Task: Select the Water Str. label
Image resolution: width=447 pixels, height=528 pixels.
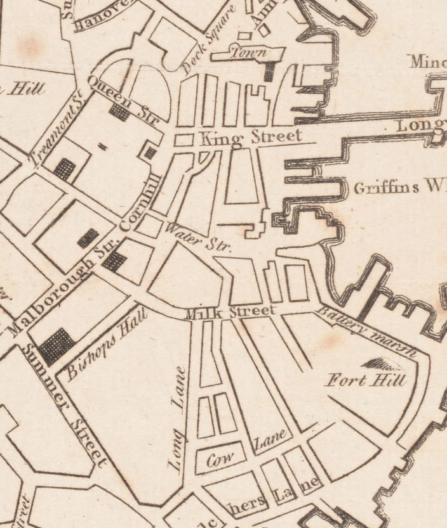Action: [x=198, y=236]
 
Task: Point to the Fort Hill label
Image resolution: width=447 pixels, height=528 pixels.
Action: [x=365, y=380]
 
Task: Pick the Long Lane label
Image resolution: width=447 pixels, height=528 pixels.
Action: [x=177, y=418]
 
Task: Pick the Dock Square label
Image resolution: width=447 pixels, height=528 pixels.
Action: [x=208, y=39]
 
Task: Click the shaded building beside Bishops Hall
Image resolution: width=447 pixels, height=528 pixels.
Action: [x=57, y=346]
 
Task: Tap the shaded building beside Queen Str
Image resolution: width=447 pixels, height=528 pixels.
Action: [x=119, y=113]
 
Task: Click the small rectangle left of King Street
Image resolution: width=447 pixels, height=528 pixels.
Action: [x=183, y=139]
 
